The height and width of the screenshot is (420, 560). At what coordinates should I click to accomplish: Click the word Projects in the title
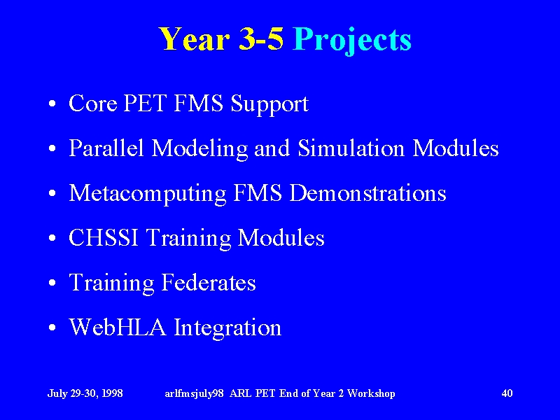[x=352, y=41]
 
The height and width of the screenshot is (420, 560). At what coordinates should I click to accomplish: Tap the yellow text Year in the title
[x=194, y=38]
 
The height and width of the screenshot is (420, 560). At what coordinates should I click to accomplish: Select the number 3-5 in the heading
[x=261, y=38]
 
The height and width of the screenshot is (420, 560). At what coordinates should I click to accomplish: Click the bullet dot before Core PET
[x=52, y=104]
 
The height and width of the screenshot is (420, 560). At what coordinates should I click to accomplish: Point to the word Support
[x=269, y=105]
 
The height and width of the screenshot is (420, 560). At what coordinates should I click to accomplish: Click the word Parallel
[x=106, y=148]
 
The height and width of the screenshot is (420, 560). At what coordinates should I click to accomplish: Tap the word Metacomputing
[x=147, y=195]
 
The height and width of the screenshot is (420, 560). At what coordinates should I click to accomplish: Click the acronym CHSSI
[x=104, y=237]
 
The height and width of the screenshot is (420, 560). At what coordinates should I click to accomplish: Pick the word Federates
[x=209, y=282]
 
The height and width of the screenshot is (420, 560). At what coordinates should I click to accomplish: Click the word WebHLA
[x=118, y=327]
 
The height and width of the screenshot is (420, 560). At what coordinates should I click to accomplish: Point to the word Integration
[x=228, y=328]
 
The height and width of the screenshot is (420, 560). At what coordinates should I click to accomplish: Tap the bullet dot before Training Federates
[x=52, y=283]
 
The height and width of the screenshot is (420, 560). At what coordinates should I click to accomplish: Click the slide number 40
[x=507, y=393]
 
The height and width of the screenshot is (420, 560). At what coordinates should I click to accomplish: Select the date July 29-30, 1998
[x=85, y=393]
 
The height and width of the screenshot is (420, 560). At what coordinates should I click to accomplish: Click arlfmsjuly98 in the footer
[x=195, y=394]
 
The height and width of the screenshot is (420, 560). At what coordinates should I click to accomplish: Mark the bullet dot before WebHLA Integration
[x=52, y=328]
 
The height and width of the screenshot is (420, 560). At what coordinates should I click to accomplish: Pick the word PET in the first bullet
[x=145, y=103]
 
